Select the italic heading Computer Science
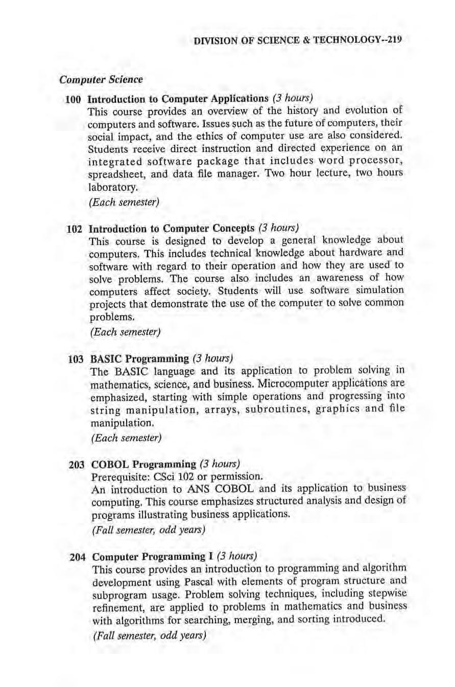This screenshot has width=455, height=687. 101,80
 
